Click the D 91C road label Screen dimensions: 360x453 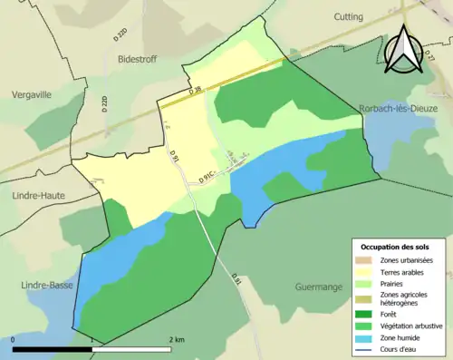click(207, 176)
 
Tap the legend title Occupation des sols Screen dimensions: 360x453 click(395, 247)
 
